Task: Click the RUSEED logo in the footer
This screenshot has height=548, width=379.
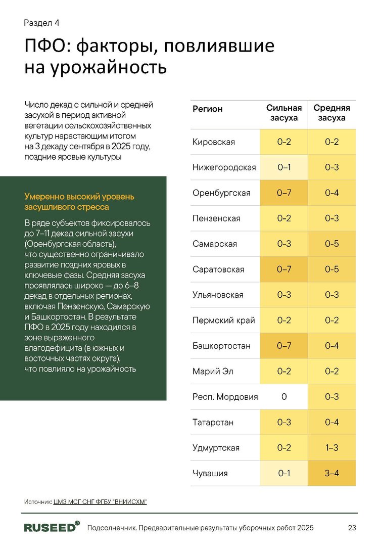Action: click(52, 527)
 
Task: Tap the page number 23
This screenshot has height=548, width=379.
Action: click(352, 528)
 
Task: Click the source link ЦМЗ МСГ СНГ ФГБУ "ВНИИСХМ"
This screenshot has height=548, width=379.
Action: click(100, 501)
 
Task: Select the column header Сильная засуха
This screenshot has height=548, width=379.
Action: click(284, 113)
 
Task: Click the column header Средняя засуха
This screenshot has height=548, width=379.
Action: click(331, 113)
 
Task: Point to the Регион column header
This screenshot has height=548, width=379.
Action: click(208, 109)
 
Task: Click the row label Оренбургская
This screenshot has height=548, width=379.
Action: click(221, 193)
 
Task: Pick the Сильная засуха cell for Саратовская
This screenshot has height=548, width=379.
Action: click(284, 269)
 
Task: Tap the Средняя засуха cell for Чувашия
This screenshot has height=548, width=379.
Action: click(331, 473)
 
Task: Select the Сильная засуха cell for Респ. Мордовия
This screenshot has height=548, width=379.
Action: click(284, 397)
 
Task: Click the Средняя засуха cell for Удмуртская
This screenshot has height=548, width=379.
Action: click(331, 448)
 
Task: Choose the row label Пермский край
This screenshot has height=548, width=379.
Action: click(224, 321)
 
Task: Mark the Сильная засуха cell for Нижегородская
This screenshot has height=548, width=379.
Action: click(284, 167)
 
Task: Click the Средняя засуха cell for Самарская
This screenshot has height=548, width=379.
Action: click(331, 244)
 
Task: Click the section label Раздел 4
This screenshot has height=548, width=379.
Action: click(42, 23)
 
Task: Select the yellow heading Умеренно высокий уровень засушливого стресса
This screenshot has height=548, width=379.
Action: click(79, 202)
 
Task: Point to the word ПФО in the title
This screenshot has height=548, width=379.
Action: click(45, 47)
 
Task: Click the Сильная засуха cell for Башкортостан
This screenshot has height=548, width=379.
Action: click(284, 346)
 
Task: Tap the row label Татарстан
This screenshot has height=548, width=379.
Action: click(213, 422)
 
